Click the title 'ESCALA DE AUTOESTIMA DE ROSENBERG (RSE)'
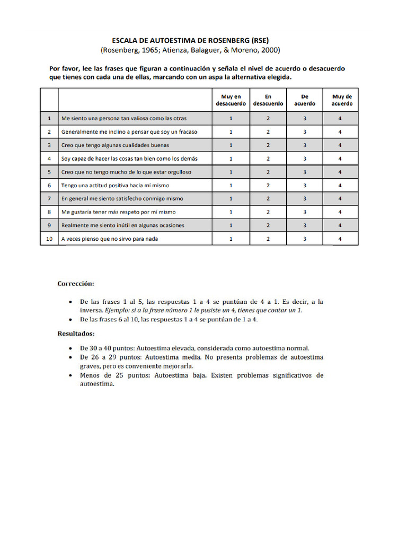(190, 40)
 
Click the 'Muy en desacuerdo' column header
(231, 100)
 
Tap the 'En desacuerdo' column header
(268, 100)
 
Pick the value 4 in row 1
(340, 118)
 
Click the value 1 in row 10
(231, 239)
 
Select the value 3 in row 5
(305, 172)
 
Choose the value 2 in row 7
(268, 198)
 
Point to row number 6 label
(49, 185)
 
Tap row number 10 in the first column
(49, 239)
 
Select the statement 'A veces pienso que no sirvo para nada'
(110, 239)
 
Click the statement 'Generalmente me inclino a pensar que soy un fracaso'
(129, 132)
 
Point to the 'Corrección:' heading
(76, 284)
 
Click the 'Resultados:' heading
(76, 334)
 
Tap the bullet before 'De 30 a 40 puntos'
(72, 348)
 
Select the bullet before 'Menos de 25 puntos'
(72, 375)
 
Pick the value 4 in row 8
(340, 212)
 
